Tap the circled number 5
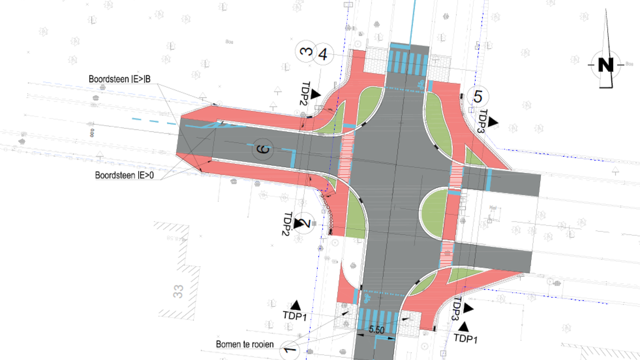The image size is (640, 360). click(x=477, y=97)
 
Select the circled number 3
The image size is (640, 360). click(x=306, y=52)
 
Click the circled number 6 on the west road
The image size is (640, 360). click(x=262, y=149)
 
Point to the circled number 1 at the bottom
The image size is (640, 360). click(x=288, y=350)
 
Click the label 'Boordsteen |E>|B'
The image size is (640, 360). click(x=119, y=79)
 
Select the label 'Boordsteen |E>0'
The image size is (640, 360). click(x=124, y=174)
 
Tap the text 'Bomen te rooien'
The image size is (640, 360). click(x=245, y=344)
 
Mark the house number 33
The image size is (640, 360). click(x=178, y=291)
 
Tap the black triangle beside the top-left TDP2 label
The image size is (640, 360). click(x=316, y=94)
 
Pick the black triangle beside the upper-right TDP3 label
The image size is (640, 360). click(x=493, y=122)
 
